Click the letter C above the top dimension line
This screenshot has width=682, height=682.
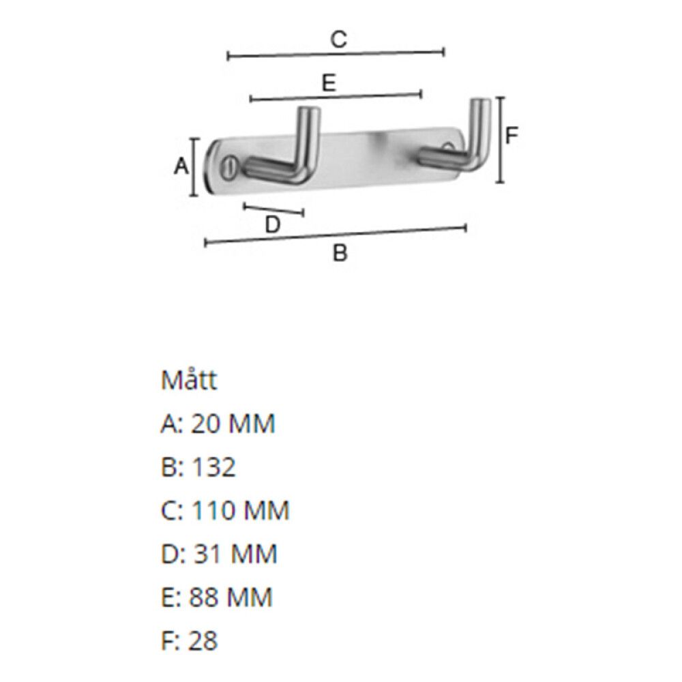(x=339, y=40)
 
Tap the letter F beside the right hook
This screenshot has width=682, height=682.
(x=512, y=136)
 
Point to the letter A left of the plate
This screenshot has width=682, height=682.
(x=181, y=166)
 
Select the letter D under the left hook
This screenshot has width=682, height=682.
(x=272, y=224)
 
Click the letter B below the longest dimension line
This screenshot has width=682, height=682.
(x=340, y=254)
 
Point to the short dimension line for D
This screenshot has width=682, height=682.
(x=273, y=209)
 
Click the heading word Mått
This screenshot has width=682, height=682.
(x=189, y=380)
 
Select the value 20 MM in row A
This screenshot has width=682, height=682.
(x=233, y=424)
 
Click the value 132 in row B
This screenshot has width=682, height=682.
(x=213, y=467)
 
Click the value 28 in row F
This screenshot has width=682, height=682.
(x=204, y=641)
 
